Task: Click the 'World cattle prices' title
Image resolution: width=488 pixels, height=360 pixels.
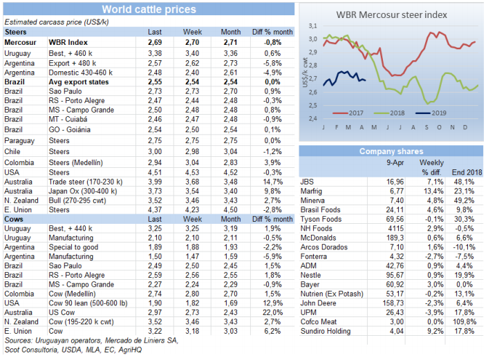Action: point(148,10)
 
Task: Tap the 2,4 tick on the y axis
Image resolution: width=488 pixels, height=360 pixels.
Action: point(312,118)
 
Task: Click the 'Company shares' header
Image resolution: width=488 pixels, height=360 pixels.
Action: point(391,151)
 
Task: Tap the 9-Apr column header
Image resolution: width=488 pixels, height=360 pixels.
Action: point(395,162)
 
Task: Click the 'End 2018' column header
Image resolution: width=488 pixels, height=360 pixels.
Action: point(467,171)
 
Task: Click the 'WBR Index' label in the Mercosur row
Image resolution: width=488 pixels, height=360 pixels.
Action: point(67,42)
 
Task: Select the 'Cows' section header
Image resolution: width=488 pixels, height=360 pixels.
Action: point(15,217)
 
